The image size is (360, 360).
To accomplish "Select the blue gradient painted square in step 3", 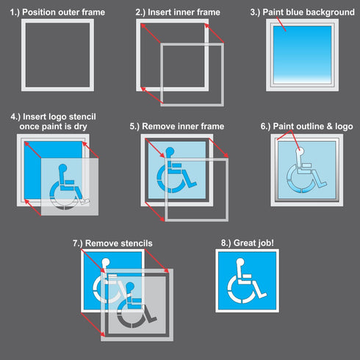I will [x=303, y=56].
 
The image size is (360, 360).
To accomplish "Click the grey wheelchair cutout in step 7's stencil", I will [x=137, y=305].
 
